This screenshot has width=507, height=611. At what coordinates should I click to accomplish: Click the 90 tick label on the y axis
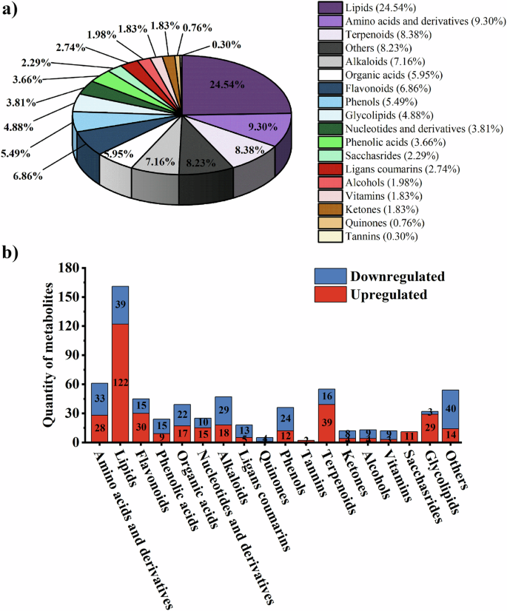[x=70, y=354]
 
